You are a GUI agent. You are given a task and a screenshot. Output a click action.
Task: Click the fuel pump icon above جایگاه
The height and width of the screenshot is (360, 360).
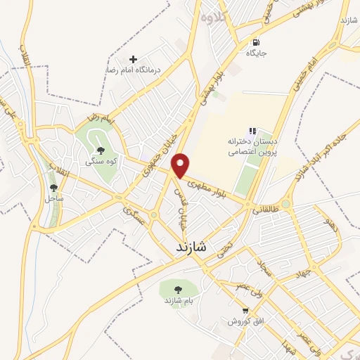[255, 41]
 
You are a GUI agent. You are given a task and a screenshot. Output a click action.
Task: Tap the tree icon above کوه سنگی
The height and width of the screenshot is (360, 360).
[101, 150]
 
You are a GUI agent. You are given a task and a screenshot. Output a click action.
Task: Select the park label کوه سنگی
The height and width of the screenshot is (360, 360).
[100, 161]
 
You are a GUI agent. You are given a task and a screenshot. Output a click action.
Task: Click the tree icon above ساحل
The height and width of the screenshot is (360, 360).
[54, 188]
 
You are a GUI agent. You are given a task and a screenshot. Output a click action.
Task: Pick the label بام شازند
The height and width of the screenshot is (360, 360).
[179, 301]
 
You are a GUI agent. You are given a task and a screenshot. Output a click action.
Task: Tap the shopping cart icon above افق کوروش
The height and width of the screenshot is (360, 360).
[245, 310]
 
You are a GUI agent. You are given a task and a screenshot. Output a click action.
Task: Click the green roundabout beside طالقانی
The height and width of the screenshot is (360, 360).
[285, 205]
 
